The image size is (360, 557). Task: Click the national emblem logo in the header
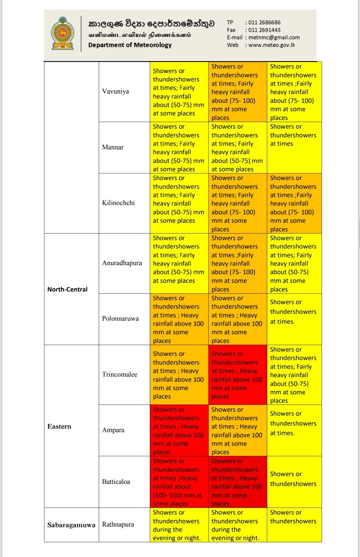point(62,33)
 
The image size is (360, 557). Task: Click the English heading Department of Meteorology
point(130,45)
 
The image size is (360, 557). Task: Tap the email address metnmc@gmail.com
point(274,37)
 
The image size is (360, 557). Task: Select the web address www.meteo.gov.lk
point(272,45)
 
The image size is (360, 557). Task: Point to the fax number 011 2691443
point(264,30)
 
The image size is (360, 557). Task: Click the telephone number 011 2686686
point(264,22)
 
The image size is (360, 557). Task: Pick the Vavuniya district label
point(115,91)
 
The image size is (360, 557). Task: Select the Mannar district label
point(113,147)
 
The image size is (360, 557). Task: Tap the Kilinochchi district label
point(118,203)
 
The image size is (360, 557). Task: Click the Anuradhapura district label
point(122,263)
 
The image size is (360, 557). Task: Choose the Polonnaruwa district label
point(120,319)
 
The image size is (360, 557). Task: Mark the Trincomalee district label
point(119,375)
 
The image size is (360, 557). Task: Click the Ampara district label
point(113,430)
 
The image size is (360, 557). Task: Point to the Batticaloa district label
point(116,482)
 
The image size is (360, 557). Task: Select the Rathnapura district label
point(118,525)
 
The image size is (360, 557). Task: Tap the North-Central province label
point(67,290)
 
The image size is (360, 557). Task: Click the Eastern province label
point(59,426)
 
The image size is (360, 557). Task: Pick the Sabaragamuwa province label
point(71,525)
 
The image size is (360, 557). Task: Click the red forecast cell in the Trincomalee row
point(237,375)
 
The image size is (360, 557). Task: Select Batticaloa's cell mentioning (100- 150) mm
point(179,482)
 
